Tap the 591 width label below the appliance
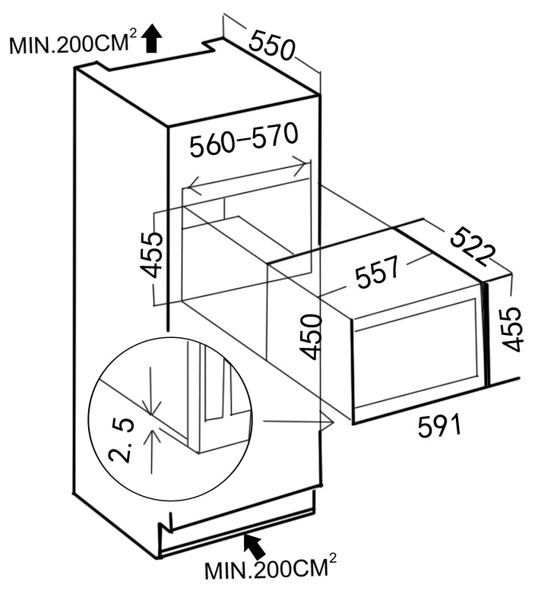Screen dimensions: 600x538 point(440,427)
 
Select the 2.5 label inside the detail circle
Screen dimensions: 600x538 point(122,439)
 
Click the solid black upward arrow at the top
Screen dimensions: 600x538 point(153,37)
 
